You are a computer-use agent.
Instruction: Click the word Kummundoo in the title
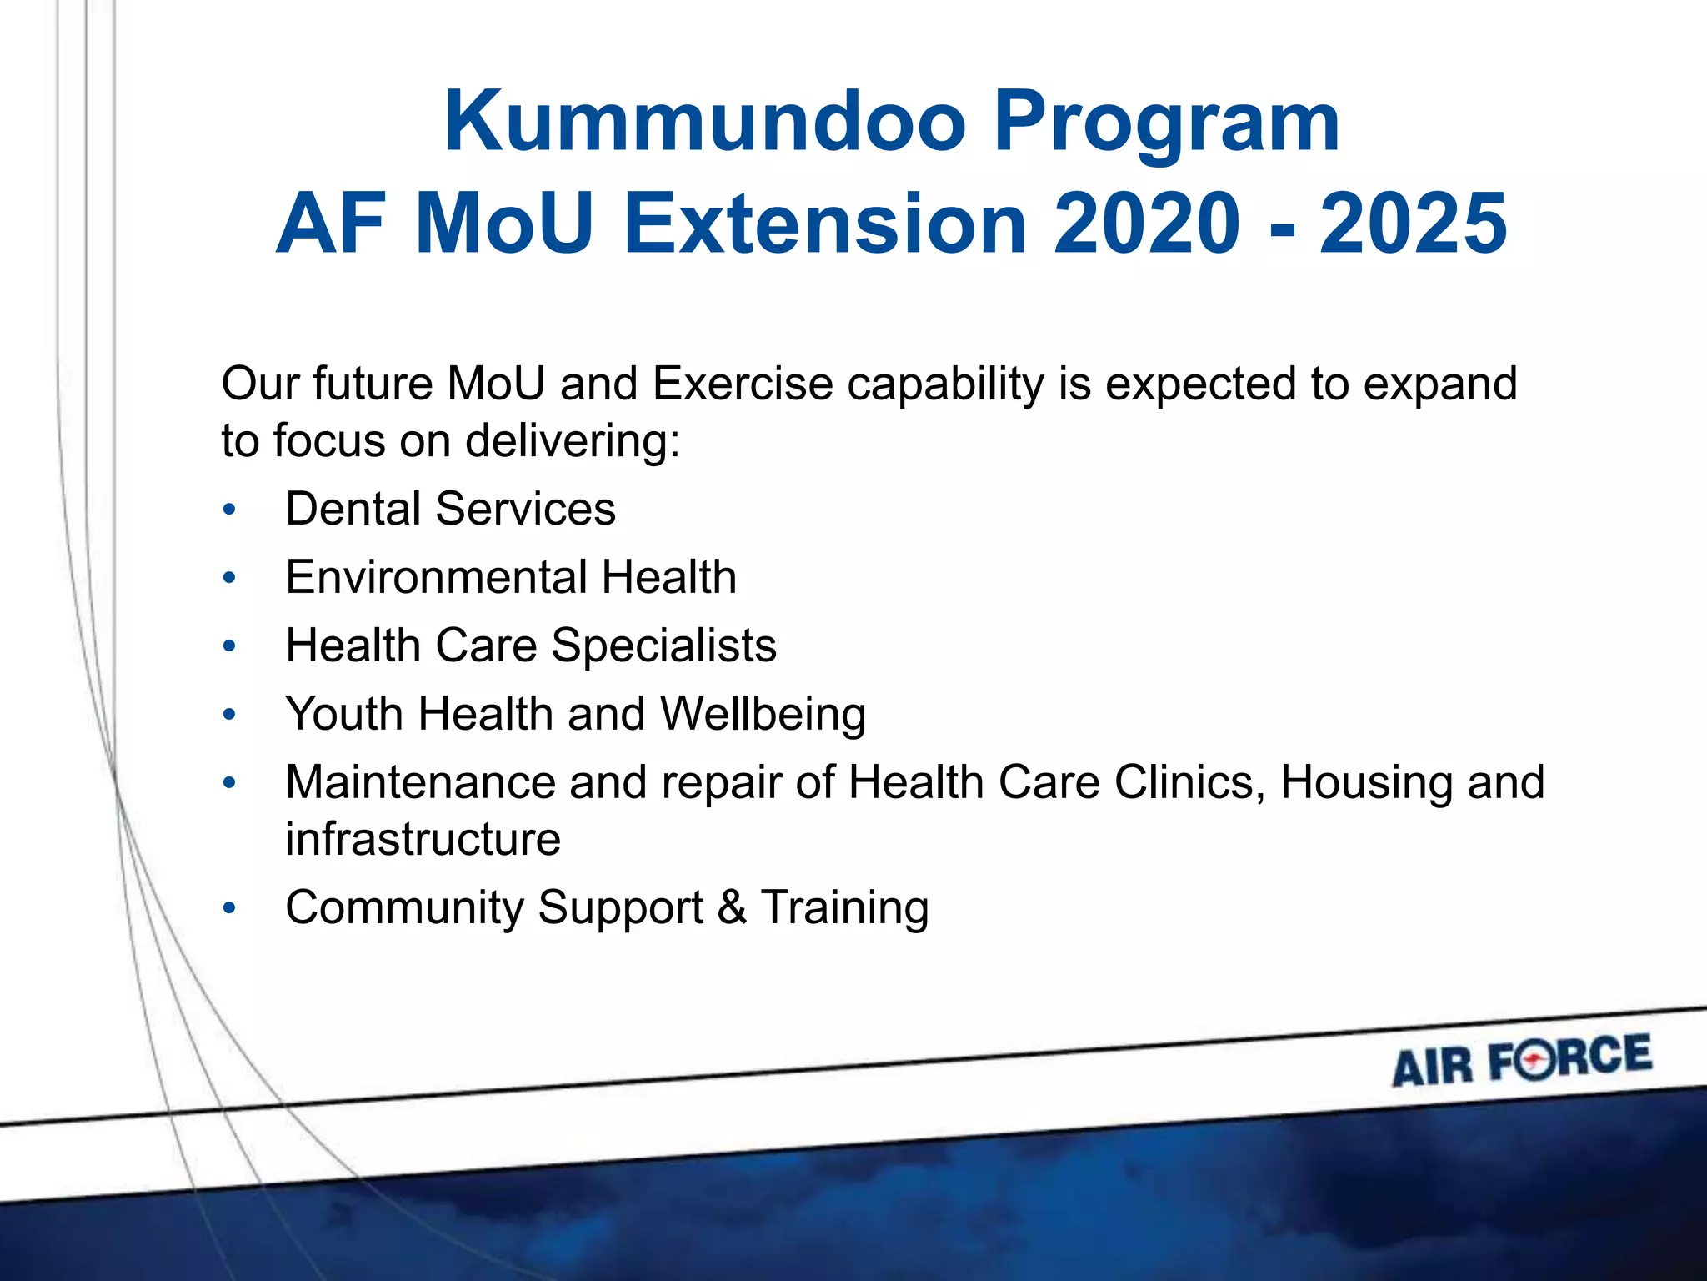point(704,122)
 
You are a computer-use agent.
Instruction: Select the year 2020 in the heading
point(1147,224)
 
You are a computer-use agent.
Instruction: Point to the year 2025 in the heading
point(1413,224)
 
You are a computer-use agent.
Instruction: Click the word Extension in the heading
point(825,224)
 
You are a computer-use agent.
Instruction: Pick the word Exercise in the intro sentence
point(742,384)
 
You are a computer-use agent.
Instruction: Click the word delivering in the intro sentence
point(572,440)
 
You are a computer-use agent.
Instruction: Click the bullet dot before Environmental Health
point(230,578)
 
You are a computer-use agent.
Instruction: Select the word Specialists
point(663,646)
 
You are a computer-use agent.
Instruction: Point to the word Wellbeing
point(763,715)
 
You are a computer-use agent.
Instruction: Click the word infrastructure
point(423,839)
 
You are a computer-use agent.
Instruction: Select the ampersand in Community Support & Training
point(732,907)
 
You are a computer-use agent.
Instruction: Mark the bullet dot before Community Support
point(230,908)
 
